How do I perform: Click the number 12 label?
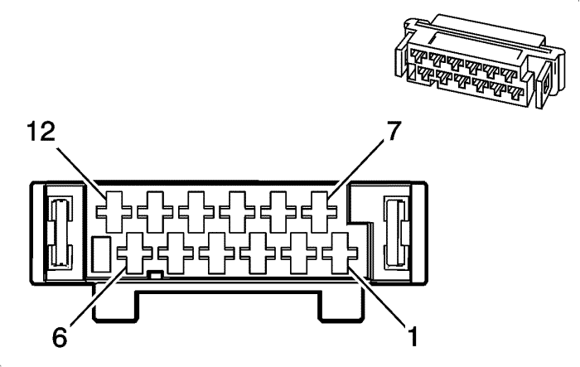click(41, 132)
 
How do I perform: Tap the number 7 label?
click(393, 131)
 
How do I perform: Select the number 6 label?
click(60, 337)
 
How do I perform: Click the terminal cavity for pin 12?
click(114, 212)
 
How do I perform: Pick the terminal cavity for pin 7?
click(319, 212)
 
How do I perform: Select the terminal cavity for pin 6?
click(134, 253)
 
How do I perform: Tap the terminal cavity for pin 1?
click(340, 253)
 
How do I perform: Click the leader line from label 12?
click(81, 172)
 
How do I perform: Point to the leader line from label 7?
click(355, 170)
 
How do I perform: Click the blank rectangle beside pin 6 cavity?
click(101, 254)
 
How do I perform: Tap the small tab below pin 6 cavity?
click(156, 274)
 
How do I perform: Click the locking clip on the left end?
click(59, 232)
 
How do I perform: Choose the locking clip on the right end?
click(396, 232)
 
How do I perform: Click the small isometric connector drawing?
click(480, 61)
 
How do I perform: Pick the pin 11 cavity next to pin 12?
click(155, 212)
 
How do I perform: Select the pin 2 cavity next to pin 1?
click(298, 253)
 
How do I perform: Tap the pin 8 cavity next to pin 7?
click(278, 212)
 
